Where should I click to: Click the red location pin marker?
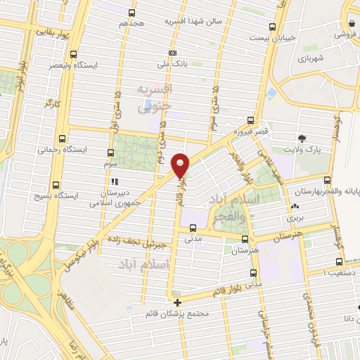click(181, 165)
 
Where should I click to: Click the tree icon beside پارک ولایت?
click(302, 138)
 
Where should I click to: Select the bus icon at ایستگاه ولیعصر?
click(74, 53)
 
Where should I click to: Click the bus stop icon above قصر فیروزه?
click(251, 119)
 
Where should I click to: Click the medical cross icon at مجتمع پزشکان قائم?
click(177, 303)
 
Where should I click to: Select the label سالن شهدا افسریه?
click(193, 21)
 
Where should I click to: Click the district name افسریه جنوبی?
click(154, 98)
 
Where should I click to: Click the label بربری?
click(294, 219)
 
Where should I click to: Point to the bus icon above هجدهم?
click(131, 11)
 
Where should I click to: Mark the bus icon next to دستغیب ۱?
click(352, 271)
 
